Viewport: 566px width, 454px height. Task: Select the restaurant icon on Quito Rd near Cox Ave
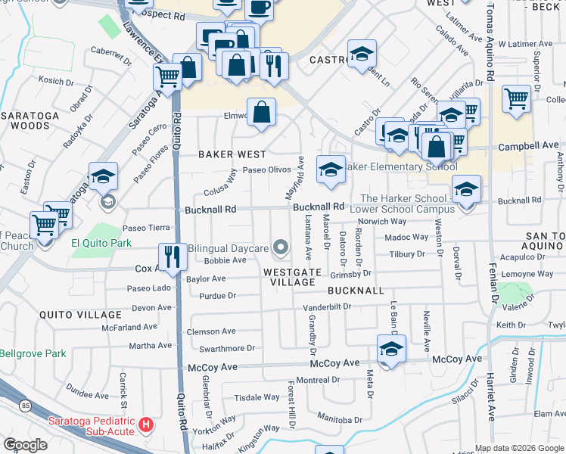pos(173,257)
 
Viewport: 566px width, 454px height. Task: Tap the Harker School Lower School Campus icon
pos(466,189)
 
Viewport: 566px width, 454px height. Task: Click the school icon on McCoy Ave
pos(391,349)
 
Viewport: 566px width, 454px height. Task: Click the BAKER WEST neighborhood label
pos(232,154)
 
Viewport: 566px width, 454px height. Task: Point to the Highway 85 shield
pos(26,406)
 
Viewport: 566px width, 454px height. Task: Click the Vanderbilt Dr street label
pos(328,307)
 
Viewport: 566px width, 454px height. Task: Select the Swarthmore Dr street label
pos(227,348)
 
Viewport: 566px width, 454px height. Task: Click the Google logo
pos(26,444)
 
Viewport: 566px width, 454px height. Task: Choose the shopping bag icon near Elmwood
pos(261,113)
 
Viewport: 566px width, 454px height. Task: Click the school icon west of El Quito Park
pos(103,178)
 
